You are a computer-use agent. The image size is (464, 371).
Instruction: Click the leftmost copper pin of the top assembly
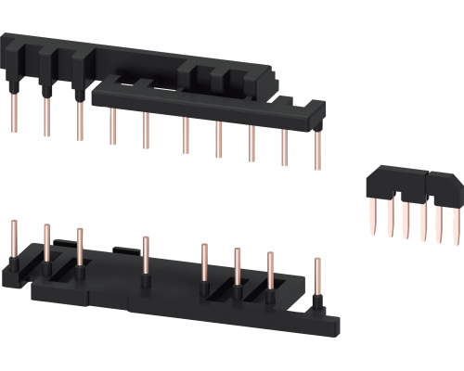[x=15, y=113]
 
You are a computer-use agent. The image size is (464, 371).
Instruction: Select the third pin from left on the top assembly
[x=77, y=121]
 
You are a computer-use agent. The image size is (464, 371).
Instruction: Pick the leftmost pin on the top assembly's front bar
[x=112, y=127]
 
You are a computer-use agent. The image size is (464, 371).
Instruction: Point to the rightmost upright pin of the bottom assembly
[x=317, y=278]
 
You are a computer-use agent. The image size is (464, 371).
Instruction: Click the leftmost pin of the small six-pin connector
[x=373, y=218]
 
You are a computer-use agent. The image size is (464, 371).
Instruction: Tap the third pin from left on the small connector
[x=406, y=219]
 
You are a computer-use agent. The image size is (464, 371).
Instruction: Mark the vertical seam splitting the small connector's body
[x=426, y=184]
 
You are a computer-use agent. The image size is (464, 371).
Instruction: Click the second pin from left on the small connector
[x=389, y=219]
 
